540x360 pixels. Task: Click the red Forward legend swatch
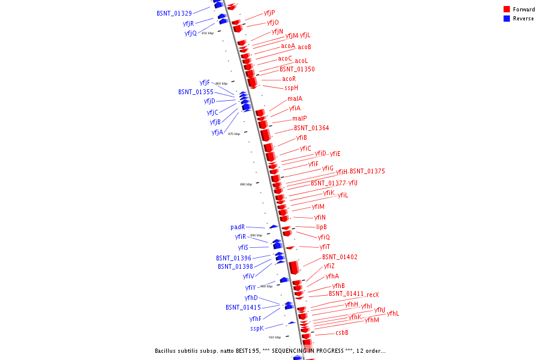506,10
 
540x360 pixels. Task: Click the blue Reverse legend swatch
506,19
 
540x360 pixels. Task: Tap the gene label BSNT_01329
174,13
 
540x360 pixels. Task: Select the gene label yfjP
269,13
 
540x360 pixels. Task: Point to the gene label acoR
289,79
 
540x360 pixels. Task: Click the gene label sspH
291,88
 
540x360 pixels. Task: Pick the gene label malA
295,98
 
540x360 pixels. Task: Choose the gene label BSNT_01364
311,128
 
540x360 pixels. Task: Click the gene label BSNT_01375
367,171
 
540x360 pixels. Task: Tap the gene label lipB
322,227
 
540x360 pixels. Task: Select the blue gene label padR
238,227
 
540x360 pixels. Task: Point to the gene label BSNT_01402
340,257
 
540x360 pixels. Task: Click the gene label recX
373,295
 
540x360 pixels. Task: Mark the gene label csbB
342,332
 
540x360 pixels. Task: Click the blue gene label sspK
257,328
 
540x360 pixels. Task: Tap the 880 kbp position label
246,184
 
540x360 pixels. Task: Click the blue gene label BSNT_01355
196,92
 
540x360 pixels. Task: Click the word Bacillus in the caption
167,350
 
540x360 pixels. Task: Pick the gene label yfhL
393,313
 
